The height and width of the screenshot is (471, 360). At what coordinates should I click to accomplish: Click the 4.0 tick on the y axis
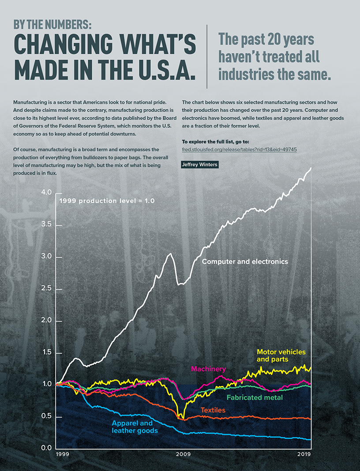pyautogui.click(x=46, y=193)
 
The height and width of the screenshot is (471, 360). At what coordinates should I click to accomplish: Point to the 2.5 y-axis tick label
pyautogui.click(x=46, y=289)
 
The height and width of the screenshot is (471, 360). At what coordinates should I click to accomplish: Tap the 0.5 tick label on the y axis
pyautogui.click(x=46, y=417)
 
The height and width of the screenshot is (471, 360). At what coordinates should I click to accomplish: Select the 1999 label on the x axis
pyautogui.click(x=63, y=454)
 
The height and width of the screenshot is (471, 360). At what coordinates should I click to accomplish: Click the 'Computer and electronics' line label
pyautogui.click(x=245, y=262)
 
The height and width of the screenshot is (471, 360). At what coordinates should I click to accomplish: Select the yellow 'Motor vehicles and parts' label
pyautogui.click(x=278, y=355)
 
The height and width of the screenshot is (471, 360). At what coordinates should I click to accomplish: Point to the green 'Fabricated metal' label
pyautogui.click(x=255, y=397)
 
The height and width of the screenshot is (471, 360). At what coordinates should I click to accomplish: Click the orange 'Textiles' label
pyautogui.click(x=213, y=410)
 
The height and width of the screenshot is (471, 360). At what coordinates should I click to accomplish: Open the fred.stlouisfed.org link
pyautogui.click(x=239, y=150)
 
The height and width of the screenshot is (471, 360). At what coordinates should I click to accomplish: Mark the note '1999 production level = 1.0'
pyautogui.click(x=107, y=201)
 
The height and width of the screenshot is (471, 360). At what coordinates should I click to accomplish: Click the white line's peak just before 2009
pyautogui.click(x=170, y=254)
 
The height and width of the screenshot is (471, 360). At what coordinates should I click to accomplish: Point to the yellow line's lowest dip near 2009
pyautogui.click(x=178, y=417)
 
